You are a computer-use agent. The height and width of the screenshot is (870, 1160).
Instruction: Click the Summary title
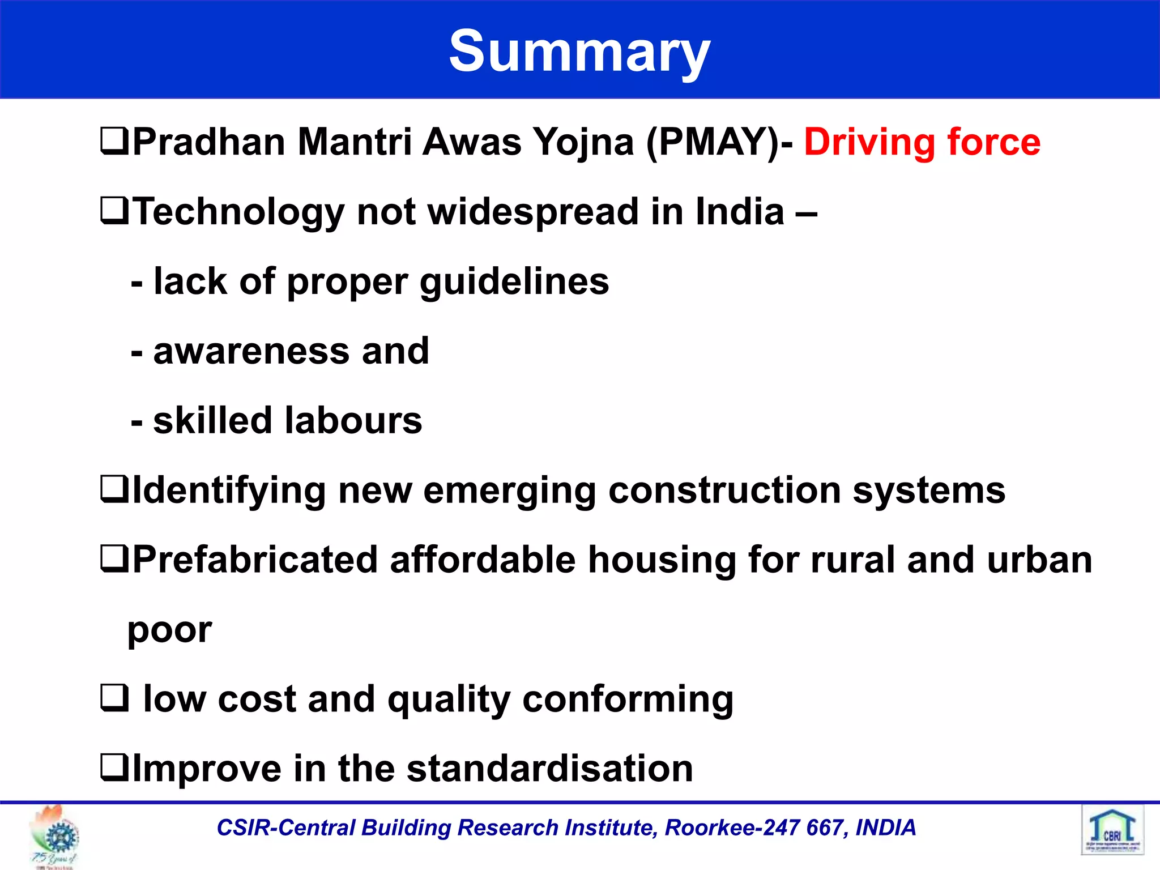pos(579,52)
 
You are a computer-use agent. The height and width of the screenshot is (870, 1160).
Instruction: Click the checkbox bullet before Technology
pos(114,211)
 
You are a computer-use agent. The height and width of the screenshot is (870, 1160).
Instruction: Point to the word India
pos(740,211)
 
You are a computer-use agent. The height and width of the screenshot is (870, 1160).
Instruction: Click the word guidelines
pos(514,282)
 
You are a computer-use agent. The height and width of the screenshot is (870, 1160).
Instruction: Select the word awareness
pos(251,351)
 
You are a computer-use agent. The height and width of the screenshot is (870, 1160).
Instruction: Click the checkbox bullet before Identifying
pos(114,489)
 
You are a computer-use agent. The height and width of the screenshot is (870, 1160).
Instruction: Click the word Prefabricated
pos(255,560)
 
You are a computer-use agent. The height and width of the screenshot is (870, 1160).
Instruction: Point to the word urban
pos(1039,560)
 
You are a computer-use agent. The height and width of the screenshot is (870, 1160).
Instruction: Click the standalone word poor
pos(169,630)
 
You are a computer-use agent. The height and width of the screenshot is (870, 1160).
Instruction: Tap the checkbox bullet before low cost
pos(114,698)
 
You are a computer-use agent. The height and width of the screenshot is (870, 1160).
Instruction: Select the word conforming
pos(628,700)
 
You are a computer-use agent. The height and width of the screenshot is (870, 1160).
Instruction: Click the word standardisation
pos(549,769)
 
